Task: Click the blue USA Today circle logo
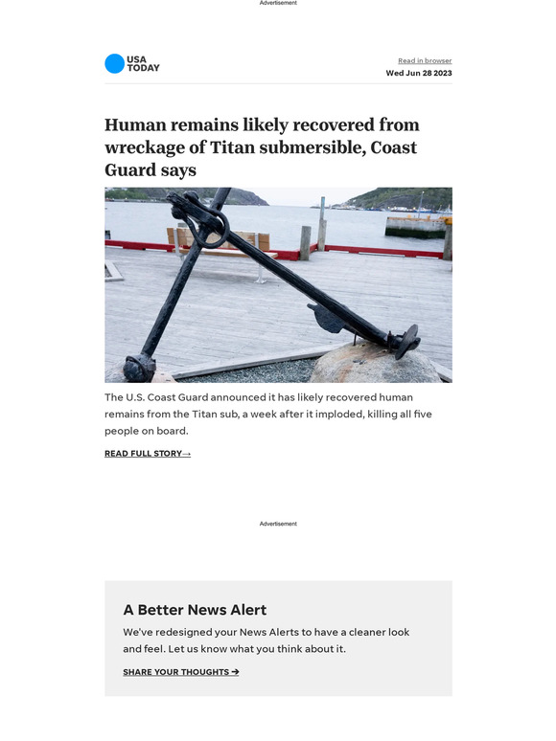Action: (x=114, y=64)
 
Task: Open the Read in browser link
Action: (x=425, y=61)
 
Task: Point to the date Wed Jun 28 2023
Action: (x=419, y=73)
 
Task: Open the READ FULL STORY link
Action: (x=148, y=454)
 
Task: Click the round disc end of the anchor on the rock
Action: (x=406, y=340)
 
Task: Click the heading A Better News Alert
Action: (x=195, y=610)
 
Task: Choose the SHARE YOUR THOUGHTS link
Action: (x=181, y=672)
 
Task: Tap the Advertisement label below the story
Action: (x=278, y=524)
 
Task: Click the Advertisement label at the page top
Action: (x=278, y=3)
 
